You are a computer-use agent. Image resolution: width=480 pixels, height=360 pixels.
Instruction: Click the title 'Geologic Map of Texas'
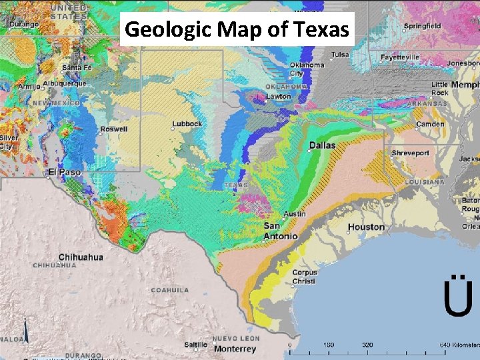point(237,29)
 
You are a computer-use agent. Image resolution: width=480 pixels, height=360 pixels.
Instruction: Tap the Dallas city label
point(322,145)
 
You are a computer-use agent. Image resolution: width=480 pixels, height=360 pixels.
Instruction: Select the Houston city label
point(366,227)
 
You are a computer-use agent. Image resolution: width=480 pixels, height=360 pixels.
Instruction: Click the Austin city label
point(295,214)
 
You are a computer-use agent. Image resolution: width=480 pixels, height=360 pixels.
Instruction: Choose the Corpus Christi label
point(303,277)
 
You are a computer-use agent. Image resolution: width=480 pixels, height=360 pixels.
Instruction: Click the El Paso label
point(64,172)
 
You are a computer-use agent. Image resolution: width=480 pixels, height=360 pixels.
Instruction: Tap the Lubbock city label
point(186,124)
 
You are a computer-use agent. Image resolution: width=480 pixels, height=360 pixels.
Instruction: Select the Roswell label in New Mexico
point(113,129)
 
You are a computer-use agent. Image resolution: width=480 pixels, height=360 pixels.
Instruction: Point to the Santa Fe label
point(77,68)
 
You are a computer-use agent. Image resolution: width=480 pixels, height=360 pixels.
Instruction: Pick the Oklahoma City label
point(306,69)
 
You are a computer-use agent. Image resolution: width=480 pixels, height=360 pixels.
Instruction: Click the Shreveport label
point(410,153)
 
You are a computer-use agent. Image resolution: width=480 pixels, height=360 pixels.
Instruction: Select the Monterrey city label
point(235,349)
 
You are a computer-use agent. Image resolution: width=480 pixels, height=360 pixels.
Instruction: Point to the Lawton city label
point(279,97)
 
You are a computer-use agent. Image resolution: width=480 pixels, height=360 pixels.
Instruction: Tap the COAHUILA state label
point(170,290)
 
